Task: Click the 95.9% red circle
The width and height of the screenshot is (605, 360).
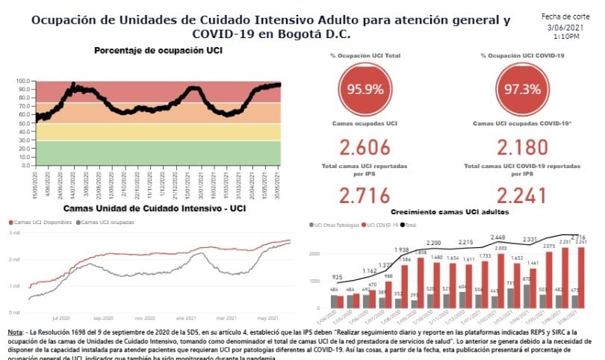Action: [x=364, y=90]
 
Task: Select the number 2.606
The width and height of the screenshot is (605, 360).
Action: [x=364, y=147]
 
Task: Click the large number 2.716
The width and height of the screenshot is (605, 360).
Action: [x=364, y=196]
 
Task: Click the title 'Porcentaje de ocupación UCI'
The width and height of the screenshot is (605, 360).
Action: [x=158, y=51]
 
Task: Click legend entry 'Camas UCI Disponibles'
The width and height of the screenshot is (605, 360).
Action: [x=43, y=222]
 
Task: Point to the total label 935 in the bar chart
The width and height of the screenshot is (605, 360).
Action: [x=338, y=276]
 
